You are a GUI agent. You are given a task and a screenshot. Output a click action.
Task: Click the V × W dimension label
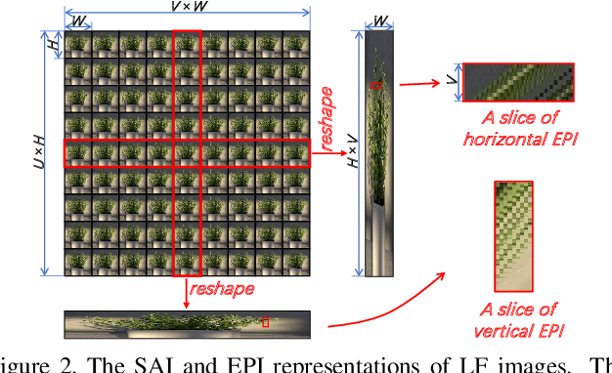(187, 8)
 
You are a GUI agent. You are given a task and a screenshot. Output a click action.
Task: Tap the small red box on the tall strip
(375, 87)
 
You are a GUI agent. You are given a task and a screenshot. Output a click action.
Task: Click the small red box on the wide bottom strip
(265, 321)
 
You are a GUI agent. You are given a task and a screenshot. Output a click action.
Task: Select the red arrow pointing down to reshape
(186, 286)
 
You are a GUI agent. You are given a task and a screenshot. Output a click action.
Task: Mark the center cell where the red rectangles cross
(186, 154)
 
